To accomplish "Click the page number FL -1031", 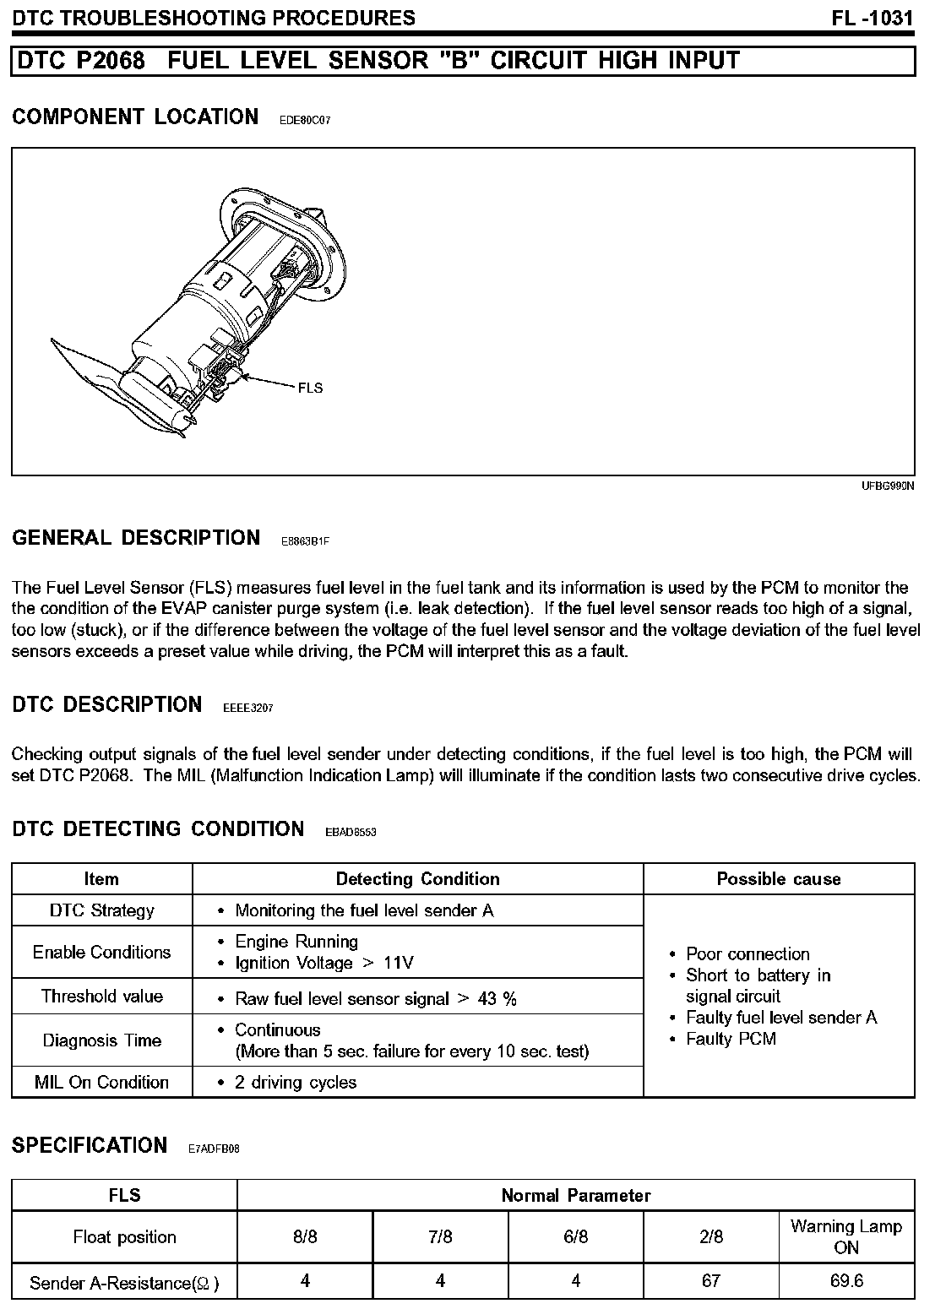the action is (x=873, y=18).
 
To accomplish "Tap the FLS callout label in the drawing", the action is (x=310, y=388).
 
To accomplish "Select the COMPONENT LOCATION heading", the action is (x=135, y=117).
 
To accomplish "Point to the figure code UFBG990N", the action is (x=888, y=486).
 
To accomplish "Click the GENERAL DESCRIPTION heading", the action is (x=136, y=538).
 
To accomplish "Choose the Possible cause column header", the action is (x=778, y=879).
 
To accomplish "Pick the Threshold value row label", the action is (x=101, y=997).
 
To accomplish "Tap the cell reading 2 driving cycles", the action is (x=295, y=1083).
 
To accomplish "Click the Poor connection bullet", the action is (x=747, y=954).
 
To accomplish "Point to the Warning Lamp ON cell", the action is (x=845, y=1237).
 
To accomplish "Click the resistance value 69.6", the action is (x=845, y=1281).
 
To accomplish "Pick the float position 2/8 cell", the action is (x=711, y=1237).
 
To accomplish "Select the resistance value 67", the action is (x=711, y=1281).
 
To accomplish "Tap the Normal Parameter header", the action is (x=576, y=1196).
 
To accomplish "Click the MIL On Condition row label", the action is (x=101, y=1083).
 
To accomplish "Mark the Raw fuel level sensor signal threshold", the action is (x=375, y=999).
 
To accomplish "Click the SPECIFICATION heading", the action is (x=90, y=1146).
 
